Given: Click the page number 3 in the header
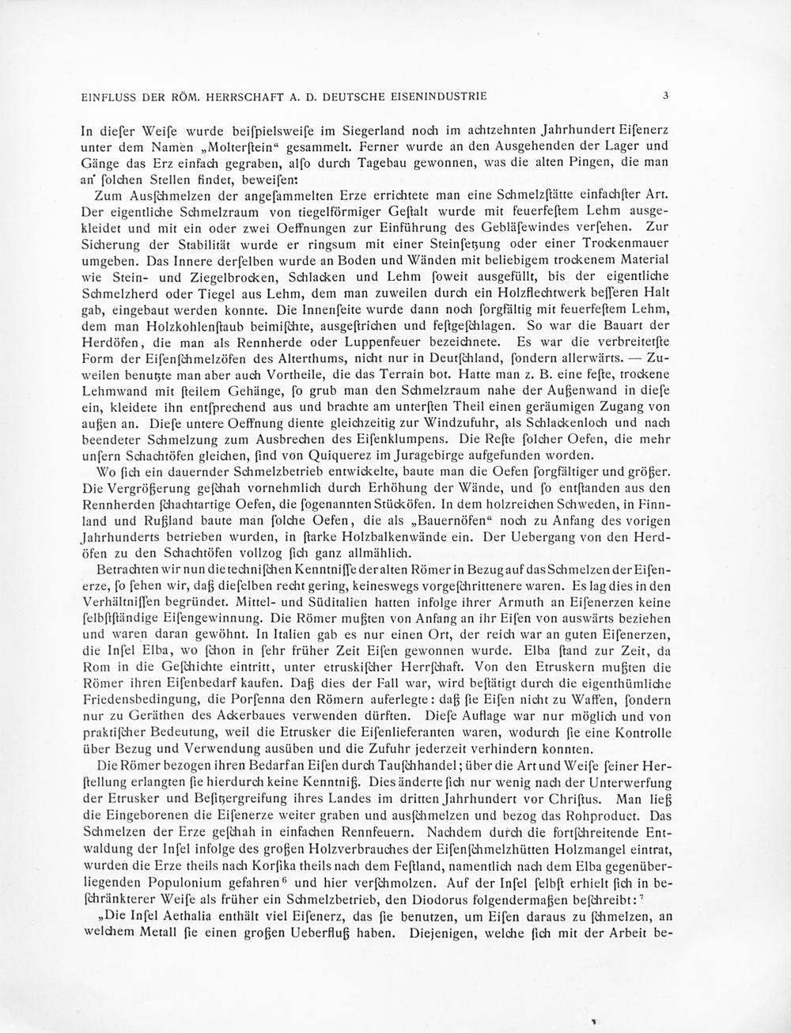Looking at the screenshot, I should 667,96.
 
